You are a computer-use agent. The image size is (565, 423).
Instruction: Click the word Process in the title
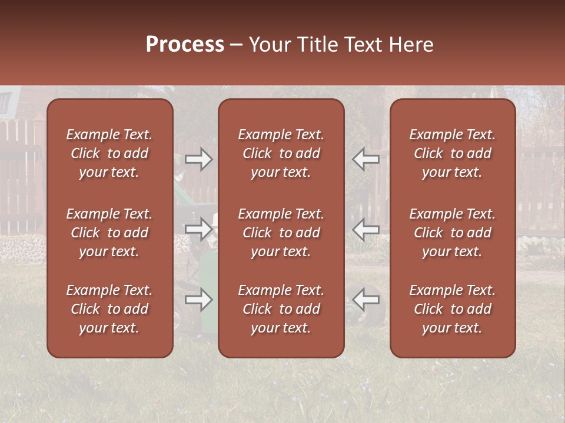[x=185, y=45]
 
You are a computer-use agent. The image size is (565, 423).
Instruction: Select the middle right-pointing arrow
[x=199, y=229]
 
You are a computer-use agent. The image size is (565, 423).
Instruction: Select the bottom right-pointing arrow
[x=199, y=300]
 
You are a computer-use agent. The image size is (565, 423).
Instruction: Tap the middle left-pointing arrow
[x=365, y=229]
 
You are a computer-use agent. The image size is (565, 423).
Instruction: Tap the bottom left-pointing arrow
[x=365, y=300]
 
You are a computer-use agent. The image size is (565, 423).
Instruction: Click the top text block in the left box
[x=109, y=153]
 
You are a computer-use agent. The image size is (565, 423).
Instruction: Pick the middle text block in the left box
[x=109, y=233]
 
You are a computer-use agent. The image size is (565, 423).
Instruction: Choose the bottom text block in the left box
[x=109, y=309]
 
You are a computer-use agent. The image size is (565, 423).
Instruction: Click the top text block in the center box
[x=281, y=153]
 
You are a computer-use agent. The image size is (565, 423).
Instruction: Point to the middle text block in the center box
[x=281, y=233]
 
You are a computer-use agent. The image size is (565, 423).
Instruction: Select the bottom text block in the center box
[x=281, y=309]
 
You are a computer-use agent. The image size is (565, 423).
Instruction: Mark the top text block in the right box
[x=453, y=153]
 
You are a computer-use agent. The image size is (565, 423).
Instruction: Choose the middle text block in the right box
[x=453, y=233]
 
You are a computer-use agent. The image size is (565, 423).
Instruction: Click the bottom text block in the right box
[x=453, y=309]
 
